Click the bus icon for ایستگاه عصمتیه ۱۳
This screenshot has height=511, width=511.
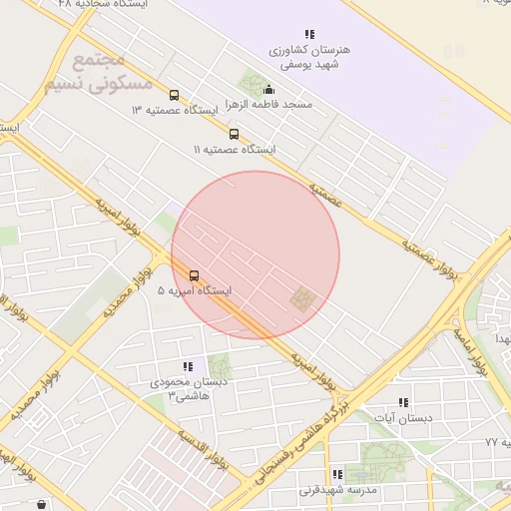175,96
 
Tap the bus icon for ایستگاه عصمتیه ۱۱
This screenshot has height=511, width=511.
235,134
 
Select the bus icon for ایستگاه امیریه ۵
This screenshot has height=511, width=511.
194,275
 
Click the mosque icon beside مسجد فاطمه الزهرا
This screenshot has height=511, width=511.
268,89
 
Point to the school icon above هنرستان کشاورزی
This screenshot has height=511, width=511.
309,34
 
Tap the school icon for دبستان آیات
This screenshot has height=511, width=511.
403,402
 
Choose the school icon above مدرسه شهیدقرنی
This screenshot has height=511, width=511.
336,475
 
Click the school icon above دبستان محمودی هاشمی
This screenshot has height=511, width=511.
188,366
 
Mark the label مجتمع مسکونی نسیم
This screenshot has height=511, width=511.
94,73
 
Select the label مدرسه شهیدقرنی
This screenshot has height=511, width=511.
339,491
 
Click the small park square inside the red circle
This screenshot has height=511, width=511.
300,298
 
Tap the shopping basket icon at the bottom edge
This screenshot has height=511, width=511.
41,505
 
